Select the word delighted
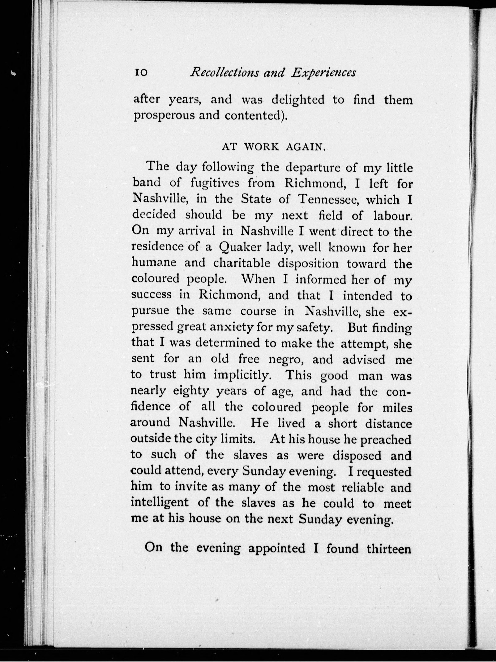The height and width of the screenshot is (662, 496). [298, 100]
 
